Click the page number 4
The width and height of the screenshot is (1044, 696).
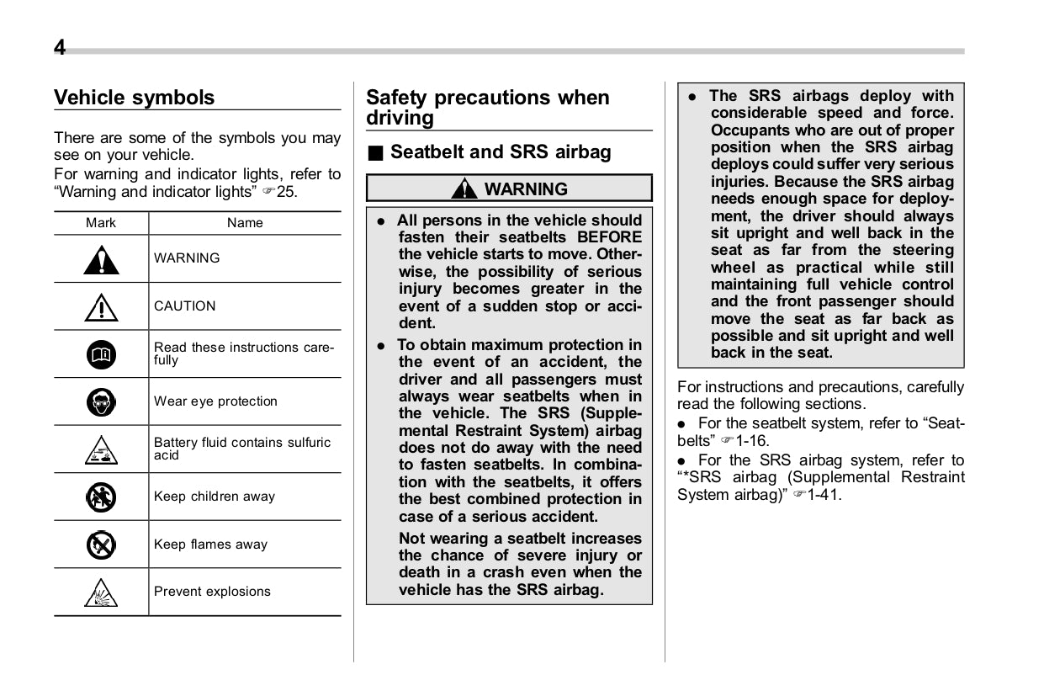(60, 47)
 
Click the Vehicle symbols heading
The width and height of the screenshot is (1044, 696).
(135, 98)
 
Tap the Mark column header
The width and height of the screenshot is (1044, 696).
(101, 223)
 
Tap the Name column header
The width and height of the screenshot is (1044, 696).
(245, 223)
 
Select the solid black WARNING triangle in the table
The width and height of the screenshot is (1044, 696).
(101, 259)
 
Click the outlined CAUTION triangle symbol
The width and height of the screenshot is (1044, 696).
(101, 307)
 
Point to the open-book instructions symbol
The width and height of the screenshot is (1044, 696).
(101, 355)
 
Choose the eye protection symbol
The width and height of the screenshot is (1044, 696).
(101, 402)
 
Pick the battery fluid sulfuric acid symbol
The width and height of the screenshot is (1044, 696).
(101, 451)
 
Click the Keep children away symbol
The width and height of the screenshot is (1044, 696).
(101, 497)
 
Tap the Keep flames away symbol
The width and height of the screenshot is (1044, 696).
(101, 545)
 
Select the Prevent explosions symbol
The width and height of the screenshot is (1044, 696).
(101, 593)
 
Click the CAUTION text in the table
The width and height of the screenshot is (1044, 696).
(184, 306)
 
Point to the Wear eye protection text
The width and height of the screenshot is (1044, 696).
(215, 401)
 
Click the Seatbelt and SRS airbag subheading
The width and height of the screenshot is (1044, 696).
(501, 152)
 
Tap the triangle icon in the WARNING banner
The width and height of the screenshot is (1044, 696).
(464, 189)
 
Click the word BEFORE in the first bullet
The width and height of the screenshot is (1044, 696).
(609, 237)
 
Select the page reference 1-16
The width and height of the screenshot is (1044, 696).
(753, 440)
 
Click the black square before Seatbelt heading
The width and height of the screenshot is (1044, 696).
(375, 153)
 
